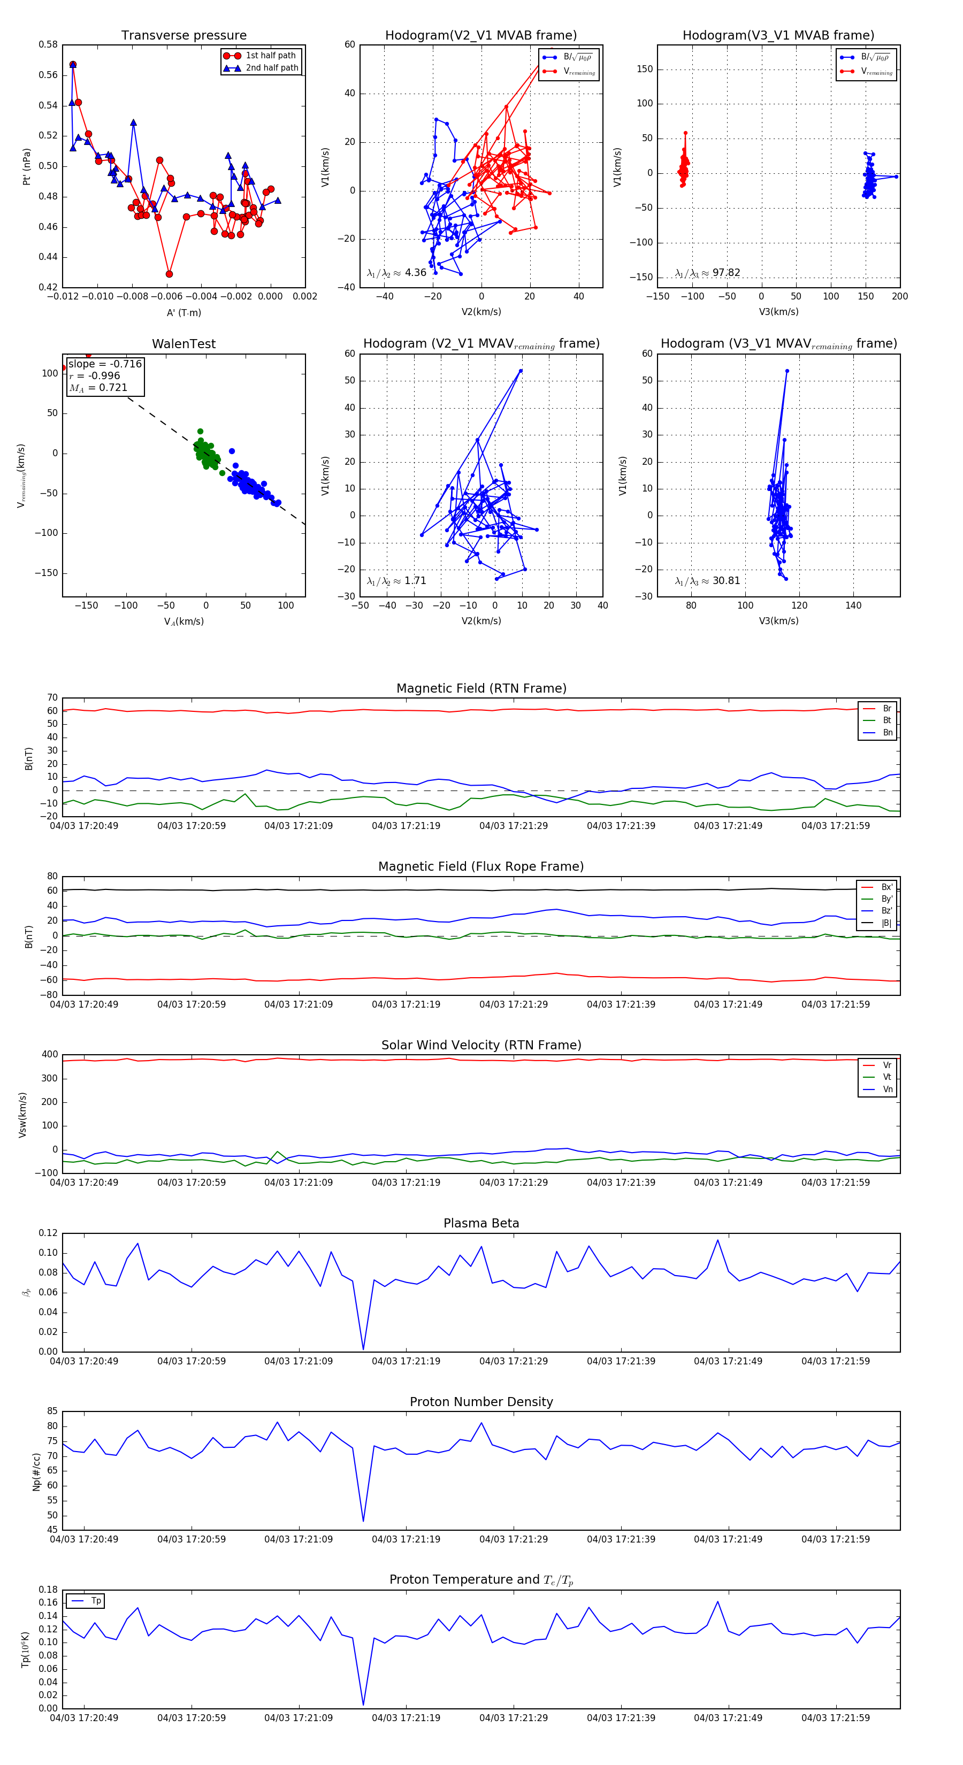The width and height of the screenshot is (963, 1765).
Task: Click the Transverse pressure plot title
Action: tap(184, 36)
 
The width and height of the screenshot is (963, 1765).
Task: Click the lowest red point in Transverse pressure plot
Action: tap(169, 274)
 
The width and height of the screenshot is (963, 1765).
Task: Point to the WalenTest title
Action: tap(184, 344)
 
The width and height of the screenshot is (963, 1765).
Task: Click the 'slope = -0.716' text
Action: tap(105, 364)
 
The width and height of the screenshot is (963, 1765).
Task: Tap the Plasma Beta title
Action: tap(481, 1224)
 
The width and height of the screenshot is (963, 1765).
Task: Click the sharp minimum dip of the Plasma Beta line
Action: tap(363, 1349)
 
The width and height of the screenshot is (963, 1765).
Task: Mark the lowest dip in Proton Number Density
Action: tap(363, 1522)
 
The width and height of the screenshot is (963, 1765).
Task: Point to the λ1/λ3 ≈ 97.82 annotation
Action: tap(707, 273)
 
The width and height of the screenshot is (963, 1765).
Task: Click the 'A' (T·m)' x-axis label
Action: tap(184, 312)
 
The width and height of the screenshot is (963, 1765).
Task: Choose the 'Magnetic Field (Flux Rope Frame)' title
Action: tap(481, 867)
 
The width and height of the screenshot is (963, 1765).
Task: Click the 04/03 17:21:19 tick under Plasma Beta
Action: tap(406, 1361)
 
